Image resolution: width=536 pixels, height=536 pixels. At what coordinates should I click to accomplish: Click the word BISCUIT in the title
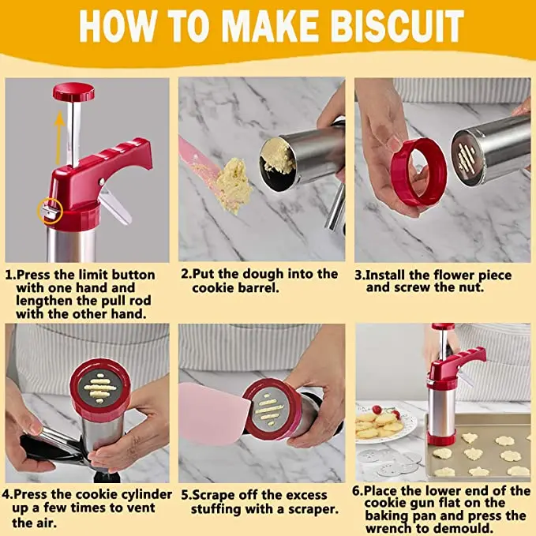(398, 26)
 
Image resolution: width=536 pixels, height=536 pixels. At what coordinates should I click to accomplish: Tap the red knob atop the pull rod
(74, 92)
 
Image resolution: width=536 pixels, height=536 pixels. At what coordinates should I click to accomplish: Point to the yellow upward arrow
(60, 137)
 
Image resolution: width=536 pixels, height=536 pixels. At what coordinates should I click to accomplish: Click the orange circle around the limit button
(50, 212)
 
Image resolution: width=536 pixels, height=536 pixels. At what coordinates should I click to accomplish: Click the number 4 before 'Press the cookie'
(6, 495)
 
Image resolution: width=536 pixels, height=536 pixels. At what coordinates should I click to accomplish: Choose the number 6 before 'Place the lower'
(357, 491)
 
